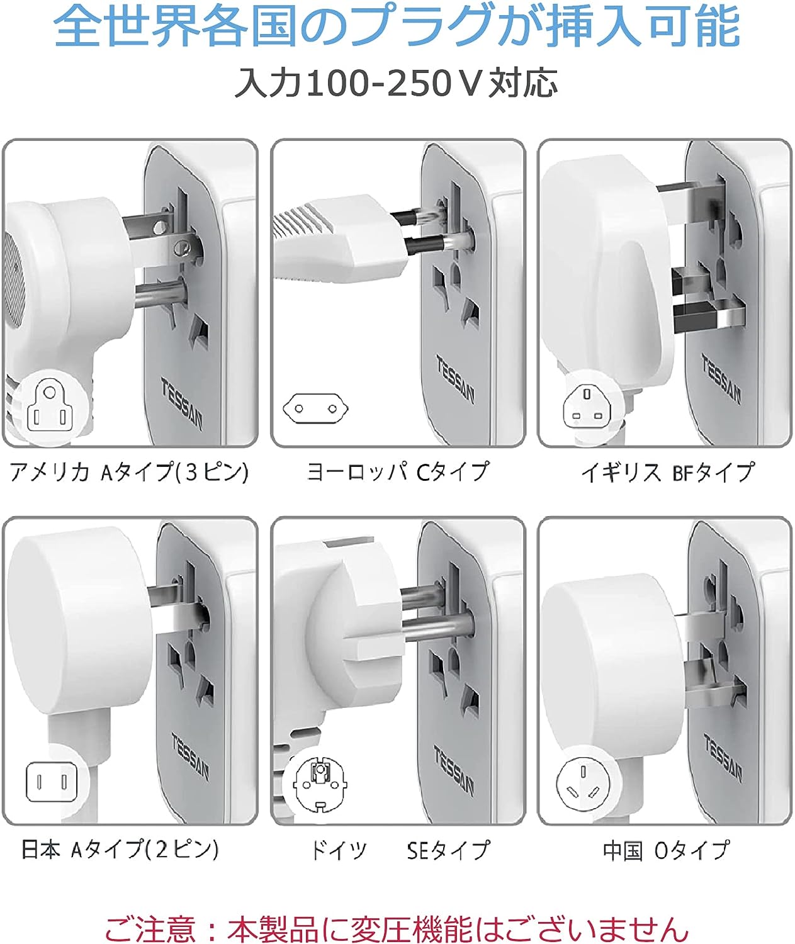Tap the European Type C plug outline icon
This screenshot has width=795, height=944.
click(316, 408)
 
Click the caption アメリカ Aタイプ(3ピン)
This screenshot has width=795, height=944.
click(129, 473)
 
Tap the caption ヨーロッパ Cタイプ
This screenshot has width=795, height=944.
click(398, 471)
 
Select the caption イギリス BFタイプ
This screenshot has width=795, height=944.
click(668, 472)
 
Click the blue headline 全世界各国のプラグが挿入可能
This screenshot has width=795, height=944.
click(397, 26)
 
